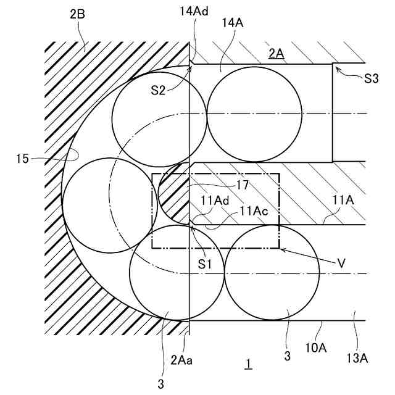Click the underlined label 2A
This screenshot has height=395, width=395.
[275, 53]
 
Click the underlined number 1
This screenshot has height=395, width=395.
[247, 365]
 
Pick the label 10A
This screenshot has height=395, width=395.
[315, 348]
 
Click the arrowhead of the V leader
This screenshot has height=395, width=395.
[281, 249]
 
